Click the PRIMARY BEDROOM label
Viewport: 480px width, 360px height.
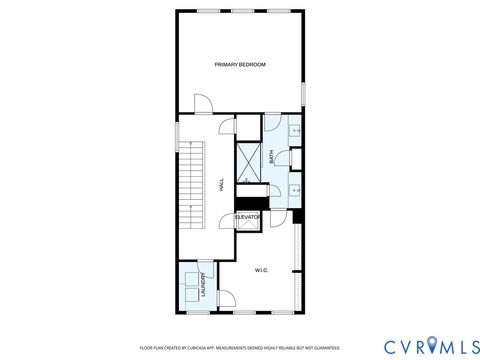(240, 65)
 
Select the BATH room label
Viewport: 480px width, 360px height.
(271, 156)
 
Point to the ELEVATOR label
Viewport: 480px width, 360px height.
(248, 217)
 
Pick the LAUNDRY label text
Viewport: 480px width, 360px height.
(204, 286)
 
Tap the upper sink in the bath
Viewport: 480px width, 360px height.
(296, 130)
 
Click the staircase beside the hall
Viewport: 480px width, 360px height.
(190, 184)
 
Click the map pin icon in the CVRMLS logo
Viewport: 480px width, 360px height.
(432, 346)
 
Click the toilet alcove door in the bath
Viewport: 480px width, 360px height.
(285, 157)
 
